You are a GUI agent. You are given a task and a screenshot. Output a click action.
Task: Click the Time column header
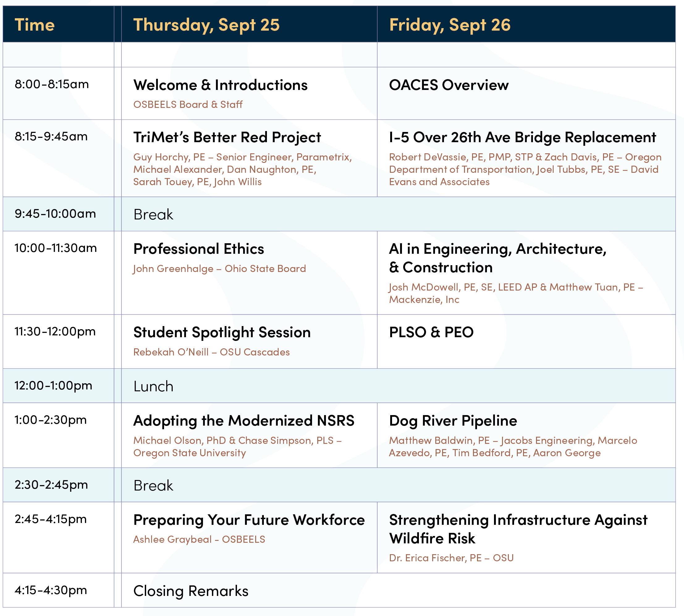[x=35, y=25]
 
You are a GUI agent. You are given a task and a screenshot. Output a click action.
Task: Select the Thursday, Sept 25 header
[x=206, y=25]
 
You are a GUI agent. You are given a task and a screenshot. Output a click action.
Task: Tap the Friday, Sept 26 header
[x=450, y=25]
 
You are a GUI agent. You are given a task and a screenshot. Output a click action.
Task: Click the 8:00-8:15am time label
[x=51, y=84]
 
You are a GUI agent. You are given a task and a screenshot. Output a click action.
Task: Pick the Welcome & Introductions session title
[x=220, y=85]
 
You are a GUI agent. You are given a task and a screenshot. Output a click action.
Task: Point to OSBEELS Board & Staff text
[x=188, y=104]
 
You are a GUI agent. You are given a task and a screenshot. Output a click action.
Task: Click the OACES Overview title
[x=449, y=85]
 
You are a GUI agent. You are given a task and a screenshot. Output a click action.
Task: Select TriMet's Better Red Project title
[x=227, y=137]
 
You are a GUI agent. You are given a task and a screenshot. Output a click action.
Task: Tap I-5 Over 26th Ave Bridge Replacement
[x=522, y=137]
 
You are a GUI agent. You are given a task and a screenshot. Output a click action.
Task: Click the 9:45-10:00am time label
[x=55, y=214]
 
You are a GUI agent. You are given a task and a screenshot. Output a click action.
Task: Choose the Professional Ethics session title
[x=199, y=249]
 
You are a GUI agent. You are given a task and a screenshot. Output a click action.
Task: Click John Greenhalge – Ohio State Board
[x=219, y=268]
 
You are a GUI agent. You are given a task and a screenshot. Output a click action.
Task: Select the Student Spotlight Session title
[x=222, y=332]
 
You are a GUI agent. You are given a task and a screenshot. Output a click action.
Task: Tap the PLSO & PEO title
[x=431, y=332]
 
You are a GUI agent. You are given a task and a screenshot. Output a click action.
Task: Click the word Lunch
[x=153, y=386]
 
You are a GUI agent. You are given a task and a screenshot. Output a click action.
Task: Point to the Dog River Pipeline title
[x=453, y=420]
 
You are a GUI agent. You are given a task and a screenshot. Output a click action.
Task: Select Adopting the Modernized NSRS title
[x=243, y=420]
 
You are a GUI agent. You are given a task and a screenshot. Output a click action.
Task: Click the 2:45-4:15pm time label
[x=51, y=519]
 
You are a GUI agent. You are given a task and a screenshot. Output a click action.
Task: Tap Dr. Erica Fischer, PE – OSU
[x=451, y=558]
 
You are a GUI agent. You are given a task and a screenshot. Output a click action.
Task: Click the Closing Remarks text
[x=191, y=591]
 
